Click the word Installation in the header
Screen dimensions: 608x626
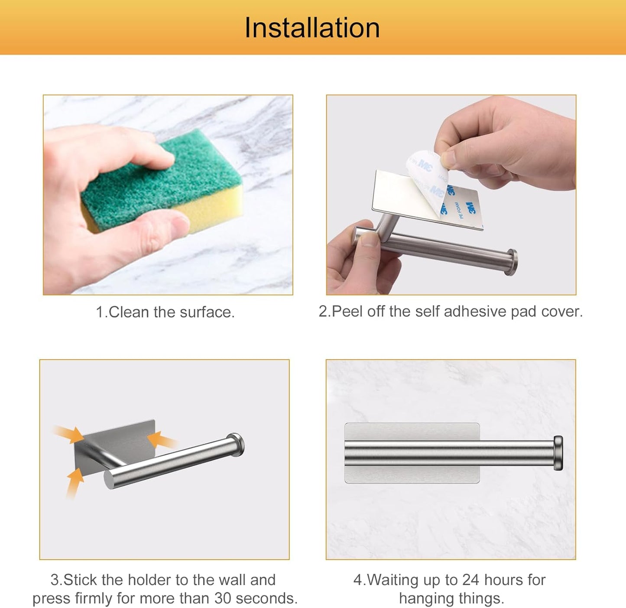tap(312, 28)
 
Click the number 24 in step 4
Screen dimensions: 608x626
tap(470, 580)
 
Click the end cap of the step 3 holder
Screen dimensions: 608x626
tap(236, 445)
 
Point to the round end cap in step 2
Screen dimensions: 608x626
tap(512, 262)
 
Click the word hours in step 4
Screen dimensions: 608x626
tap(503, 580)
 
